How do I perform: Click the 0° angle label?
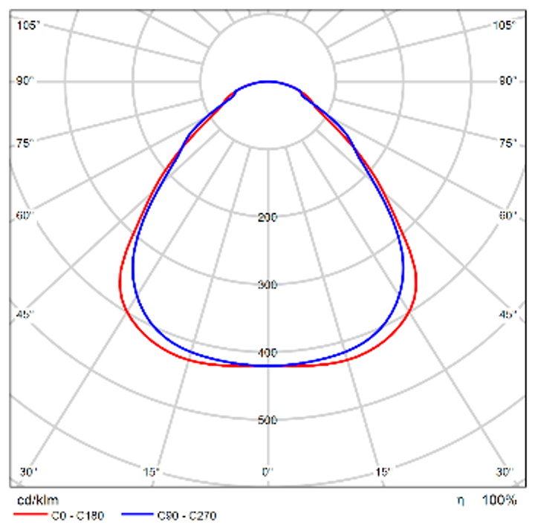tap(267, 472)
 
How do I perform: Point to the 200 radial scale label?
tap(267, 217)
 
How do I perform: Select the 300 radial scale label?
tap(267, 285)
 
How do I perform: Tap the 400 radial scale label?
tap(267, 353)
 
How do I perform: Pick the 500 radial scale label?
tap(267, 420)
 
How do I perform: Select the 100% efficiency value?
tap(499, 500)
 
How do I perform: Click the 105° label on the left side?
tap(28, 25)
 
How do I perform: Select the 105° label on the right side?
tap(505, 25)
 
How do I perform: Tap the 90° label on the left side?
tap(26, 80)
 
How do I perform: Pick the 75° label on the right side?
tap(508, 143)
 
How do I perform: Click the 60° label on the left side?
tap(26, 215)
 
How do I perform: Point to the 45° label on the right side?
tap(508, 314)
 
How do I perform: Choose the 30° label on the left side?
tap(28, 472)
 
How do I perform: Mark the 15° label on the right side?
tap(383, 472)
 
